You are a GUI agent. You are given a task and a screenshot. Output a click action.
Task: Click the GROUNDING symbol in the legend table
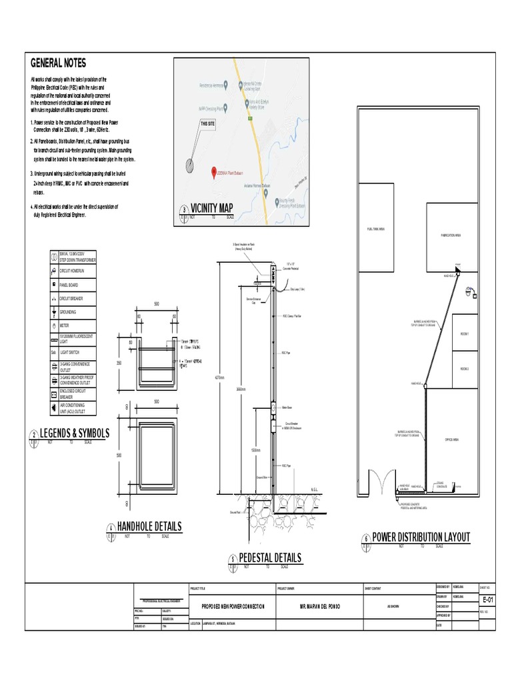pyautogui.click(x=53, y=311)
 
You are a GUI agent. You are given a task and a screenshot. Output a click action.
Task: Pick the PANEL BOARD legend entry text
pyautogui.click(x=70, y=284)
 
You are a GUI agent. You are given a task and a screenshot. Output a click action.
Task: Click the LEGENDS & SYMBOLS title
pyautogui.click(x=75, y=434)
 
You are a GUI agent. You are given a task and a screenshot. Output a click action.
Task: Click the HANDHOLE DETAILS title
pyautogui.click(x=149, y=527)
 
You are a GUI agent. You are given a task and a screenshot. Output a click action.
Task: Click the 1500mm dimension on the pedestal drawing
pyautogui.click(x=257, y=450)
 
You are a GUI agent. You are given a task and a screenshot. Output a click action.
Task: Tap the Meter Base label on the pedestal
pyautogui.click(x=289, y=406)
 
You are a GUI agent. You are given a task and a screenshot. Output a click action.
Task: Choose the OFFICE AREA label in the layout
pyautogui.click(x=453, y=440)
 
